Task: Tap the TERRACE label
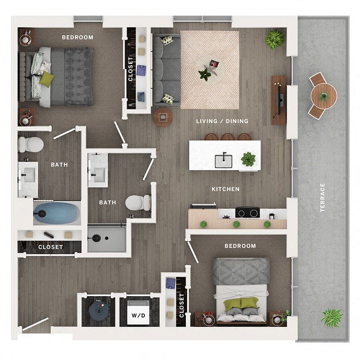click(322, 198)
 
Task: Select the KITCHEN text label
click(225, 189)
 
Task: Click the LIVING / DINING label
click(222, 121)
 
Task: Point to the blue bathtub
click(54, 213)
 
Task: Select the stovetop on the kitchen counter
click(247, 212)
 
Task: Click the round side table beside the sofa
click(162, 117)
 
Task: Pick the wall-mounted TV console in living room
click(279, 99)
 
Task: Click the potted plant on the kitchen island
click(248, 158)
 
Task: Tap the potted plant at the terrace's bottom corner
click(332, 317)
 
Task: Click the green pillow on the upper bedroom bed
click(46, 80)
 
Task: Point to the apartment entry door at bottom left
click(36, 324)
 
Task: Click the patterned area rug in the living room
click(210, 69)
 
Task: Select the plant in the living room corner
click(274, 40)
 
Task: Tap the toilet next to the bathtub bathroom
click(31, 144)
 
